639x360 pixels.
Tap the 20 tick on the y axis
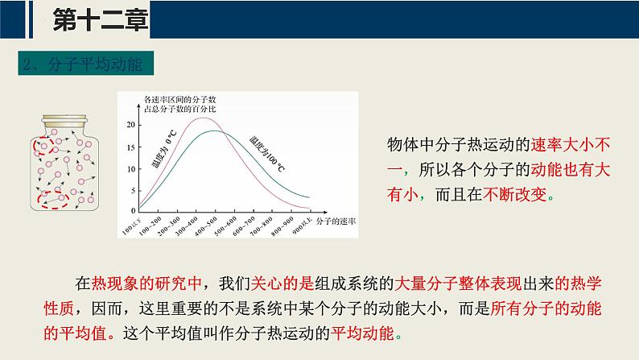(x=130, y=125)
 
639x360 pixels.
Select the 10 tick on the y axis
(x=130, y=167)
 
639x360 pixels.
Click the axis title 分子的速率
(x=336, y=218)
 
